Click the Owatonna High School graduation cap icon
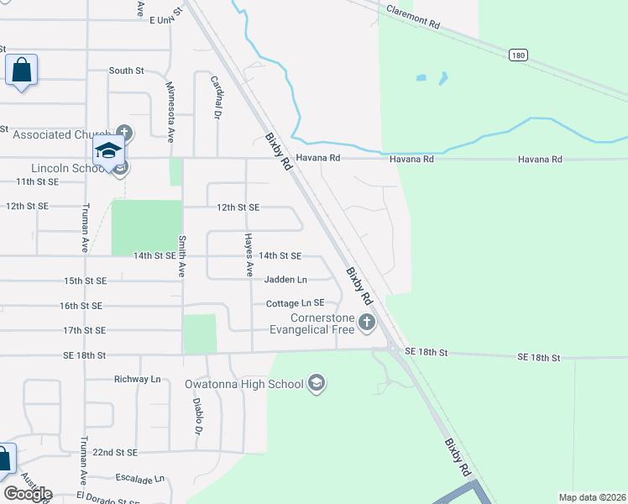coord(317,384)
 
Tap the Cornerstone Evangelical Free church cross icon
coord(366,322)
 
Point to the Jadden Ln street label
coord(285,279)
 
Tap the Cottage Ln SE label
coord(295,303)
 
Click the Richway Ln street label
coord(137,379)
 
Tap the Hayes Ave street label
coord(249,255)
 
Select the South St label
coord(126,71)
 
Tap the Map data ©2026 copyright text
coord(591,497)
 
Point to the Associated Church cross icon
coord(124,132)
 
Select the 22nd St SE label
coord(114,452)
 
